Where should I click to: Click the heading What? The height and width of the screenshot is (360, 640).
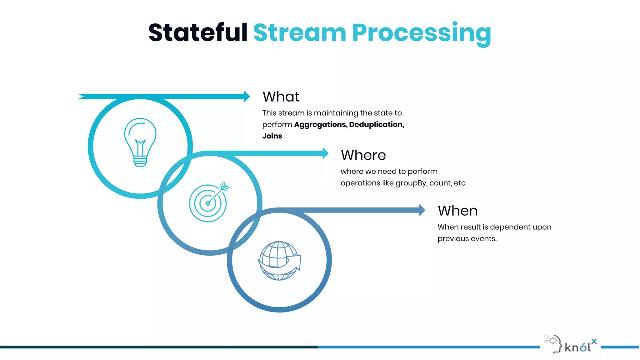click(x=281, y=97)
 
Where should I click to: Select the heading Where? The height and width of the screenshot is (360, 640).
click(x=363, y=155)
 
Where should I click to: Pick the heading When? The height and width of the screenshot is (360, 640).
click(x=457, y=211)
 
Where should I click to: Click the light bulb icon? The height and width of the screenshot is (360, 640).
click(x=140, y=142)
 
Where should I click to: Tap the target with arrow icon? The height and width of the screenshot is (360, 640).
click(x=209, y=202)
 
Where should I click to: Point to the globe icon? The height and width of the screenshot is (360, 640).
click(x=279, y=261)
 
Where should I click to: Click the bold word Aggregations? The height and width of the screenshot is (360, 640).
click(x=320, y=125)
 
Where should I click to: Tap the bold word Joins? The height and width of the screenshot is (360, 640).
click(x=272, y=136)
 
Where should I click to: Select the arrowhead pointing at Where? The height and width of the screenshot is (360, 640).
click(x=325, y=153)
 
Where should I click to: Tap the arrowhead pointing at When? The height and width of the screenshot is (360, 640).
click(x=422, y=210)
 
